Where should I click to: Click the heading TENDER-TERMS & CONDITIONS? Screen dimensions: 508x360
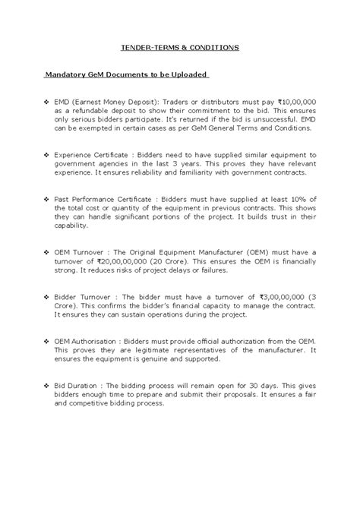pos(180,47)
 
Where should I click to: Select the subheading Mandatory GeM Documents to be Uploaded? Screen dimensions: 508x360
pos(125,75)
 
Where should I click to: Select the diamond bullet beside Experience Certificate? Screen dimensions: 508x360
pos(47,154)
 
